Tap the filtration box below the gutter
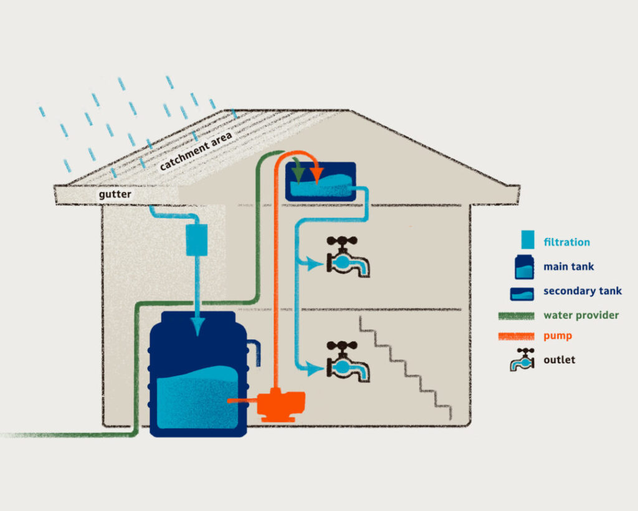[197, 240]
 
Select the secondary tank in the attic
[320, 182]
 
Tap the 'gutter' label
[115, 195]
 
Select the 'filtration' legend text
[566, 242]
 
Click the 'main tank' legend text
[568, 266]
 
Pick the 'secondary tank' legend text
[582, 291]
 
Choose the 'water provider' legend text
[581, 315]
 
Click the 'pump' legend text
[558, 336]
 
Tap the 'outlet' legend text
[559, 359]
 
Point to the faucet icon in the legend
[522, 360]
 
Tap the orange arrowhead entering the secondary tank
[317, 172]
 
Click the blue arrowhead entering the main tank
[197, 328]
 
